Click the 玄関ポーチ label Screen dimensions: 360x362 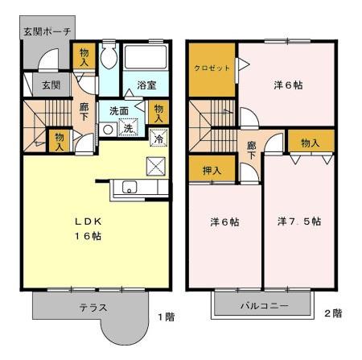[x=46, y=31]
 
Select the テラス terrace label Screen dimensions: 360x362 [x=93, y=308]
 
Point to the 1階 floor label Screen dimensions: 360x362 [x=166, y=317]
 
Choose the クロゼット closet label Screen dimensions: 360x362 [x=212, y=68]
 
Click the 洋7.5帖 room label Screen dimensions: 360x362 [x=299, y=221]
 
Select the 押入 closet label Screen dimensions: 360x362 [x=212, y=172]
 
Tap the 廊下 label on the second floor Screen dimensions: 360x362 [x=251, y=150]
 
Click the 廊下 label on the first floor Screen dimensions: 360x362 [x=84, y=110]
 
